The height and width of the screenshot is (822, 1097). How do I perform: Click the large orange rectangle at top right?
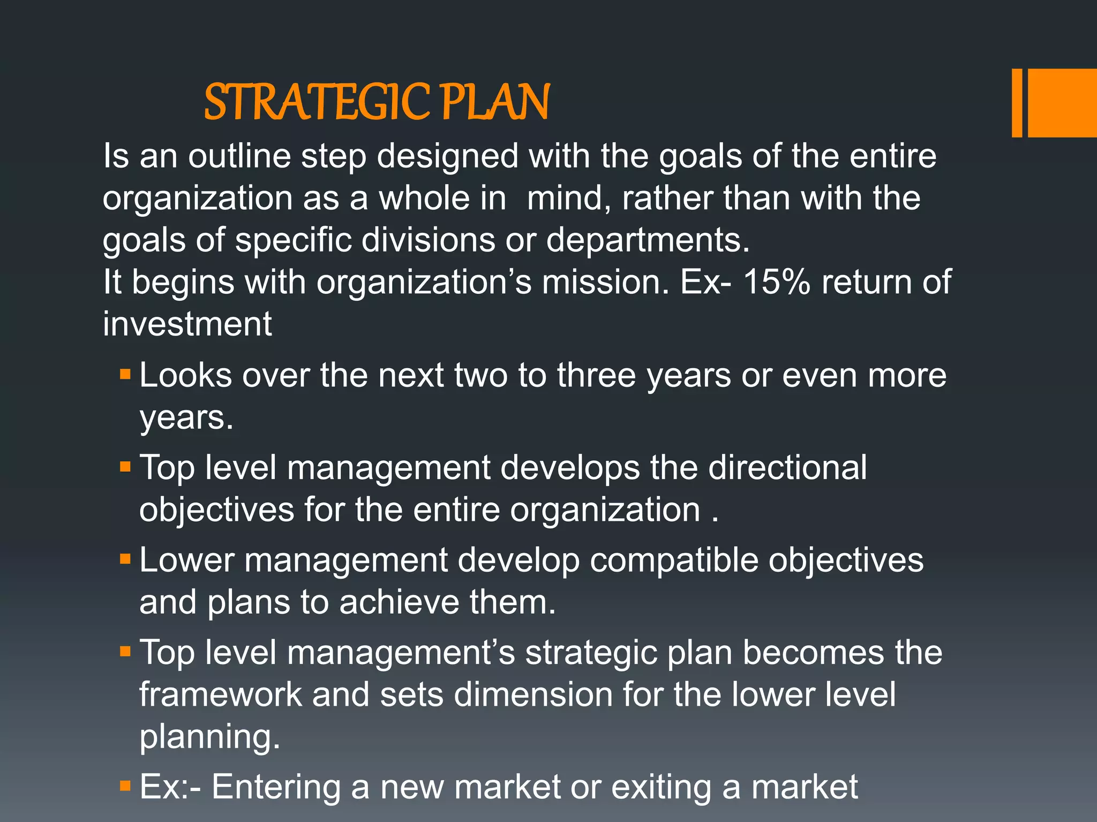[x=1063, y=103]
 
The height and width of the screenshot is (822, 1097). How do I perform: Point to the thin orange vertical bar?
[x=1017, y=103]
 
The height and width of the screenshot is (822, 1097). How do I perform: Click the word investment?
[x=187, y=324]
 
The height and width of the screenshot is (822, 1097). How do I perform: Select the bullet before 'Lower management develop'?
[x=125, y=559]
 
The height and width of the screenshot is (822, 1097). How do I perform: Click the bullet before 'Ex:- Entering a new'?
[x=125, y=786]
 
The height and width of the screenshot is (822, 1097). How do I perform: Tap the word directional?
[x=787, y=467]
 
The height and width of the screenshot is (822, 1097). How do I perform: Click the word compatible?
[x=674, y=560]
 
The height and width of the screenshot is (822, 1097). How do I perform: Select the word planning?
[x=209, y=737]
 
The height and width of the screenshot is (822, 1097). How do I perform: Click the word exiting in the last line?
[x=660, y=787]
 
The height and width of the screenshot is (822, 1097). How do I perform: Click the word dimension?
[x=533, y=694]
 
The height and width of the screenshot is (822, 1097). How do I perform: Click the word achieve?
[x=399, y=602]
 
